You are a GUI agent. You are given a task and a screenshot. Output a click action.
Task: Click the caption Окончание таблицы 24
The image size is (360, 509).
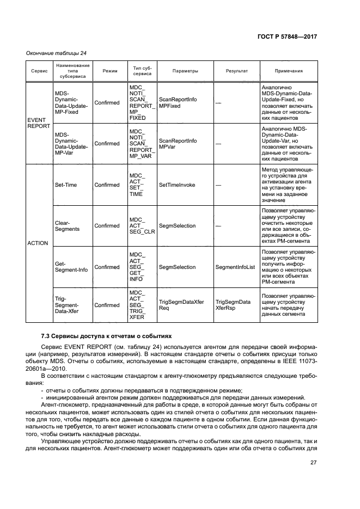tap(56, 53)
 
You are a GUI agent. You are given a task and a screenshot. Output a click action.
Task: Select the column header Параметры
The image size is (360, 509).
tap(185, 71)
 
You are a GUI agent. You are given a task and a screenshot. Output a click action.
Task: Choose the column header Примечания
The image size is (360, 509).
tap(289, 71)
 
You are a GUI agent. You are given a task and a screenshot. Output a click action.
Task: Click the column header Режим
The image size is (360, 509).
tap(109, 71)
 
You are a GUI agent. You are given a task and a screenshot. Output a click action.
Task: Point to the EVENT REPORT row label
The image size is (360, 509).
tap(38, 123)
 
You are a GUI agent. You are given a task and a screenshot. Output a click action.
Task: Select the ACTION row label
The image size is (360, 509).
tap(38, 243)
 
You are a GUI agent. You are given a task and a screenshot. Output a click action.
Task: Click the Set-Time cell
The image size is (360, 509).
tap(66, 185)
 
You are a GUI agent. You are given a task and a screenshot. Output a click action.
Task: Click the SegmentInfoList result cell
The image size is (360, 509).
tap(235, 267)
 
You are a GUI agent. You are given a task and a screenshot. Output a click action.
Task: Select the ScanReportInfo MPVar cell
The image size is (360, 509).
tap(178, 144)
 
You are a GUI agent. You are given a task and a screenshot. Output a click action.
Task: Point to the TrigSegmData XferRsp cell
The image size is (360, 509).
tap(233, 305)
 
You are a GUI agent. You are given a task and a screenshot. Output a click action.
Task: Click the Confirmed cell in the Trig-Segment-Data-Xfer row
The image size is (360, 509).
tap(107, 305)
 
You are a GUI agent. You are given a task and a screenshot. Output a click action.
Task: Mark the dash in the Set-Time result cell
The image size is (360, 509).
tap(218, 185)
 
